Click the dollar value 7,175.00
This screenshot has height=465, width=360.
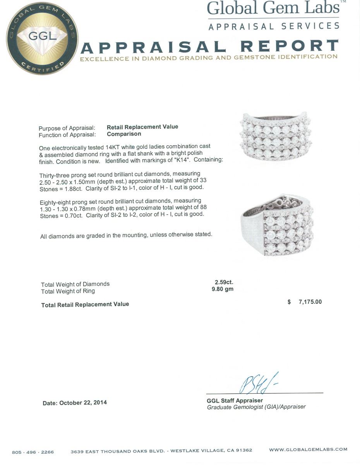coord(310,302)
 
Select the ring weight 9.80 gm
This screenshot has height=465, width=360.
coord(223,289)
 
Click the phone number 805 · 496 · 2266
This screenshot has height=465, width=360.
coord(33,452)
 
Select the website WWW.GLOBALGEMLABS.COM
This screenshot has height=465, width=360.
coord(308,449)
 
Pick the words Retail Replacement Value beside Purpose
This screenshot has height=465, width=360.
coord(142,127)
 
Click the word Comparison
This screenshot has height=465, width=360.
coord(124,134)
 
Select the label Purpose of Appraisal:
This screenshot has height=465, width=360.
coord(67,128)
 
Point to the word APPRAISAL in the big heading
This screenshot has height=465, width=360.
coord(153,47)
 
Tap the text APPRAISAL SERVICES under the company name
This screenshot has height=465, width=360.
coord(274,26)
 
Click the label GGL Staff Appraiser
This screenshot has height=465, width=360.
coord(235,400)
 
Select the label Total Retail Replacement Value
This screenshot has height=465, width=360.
coord(85,305)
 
